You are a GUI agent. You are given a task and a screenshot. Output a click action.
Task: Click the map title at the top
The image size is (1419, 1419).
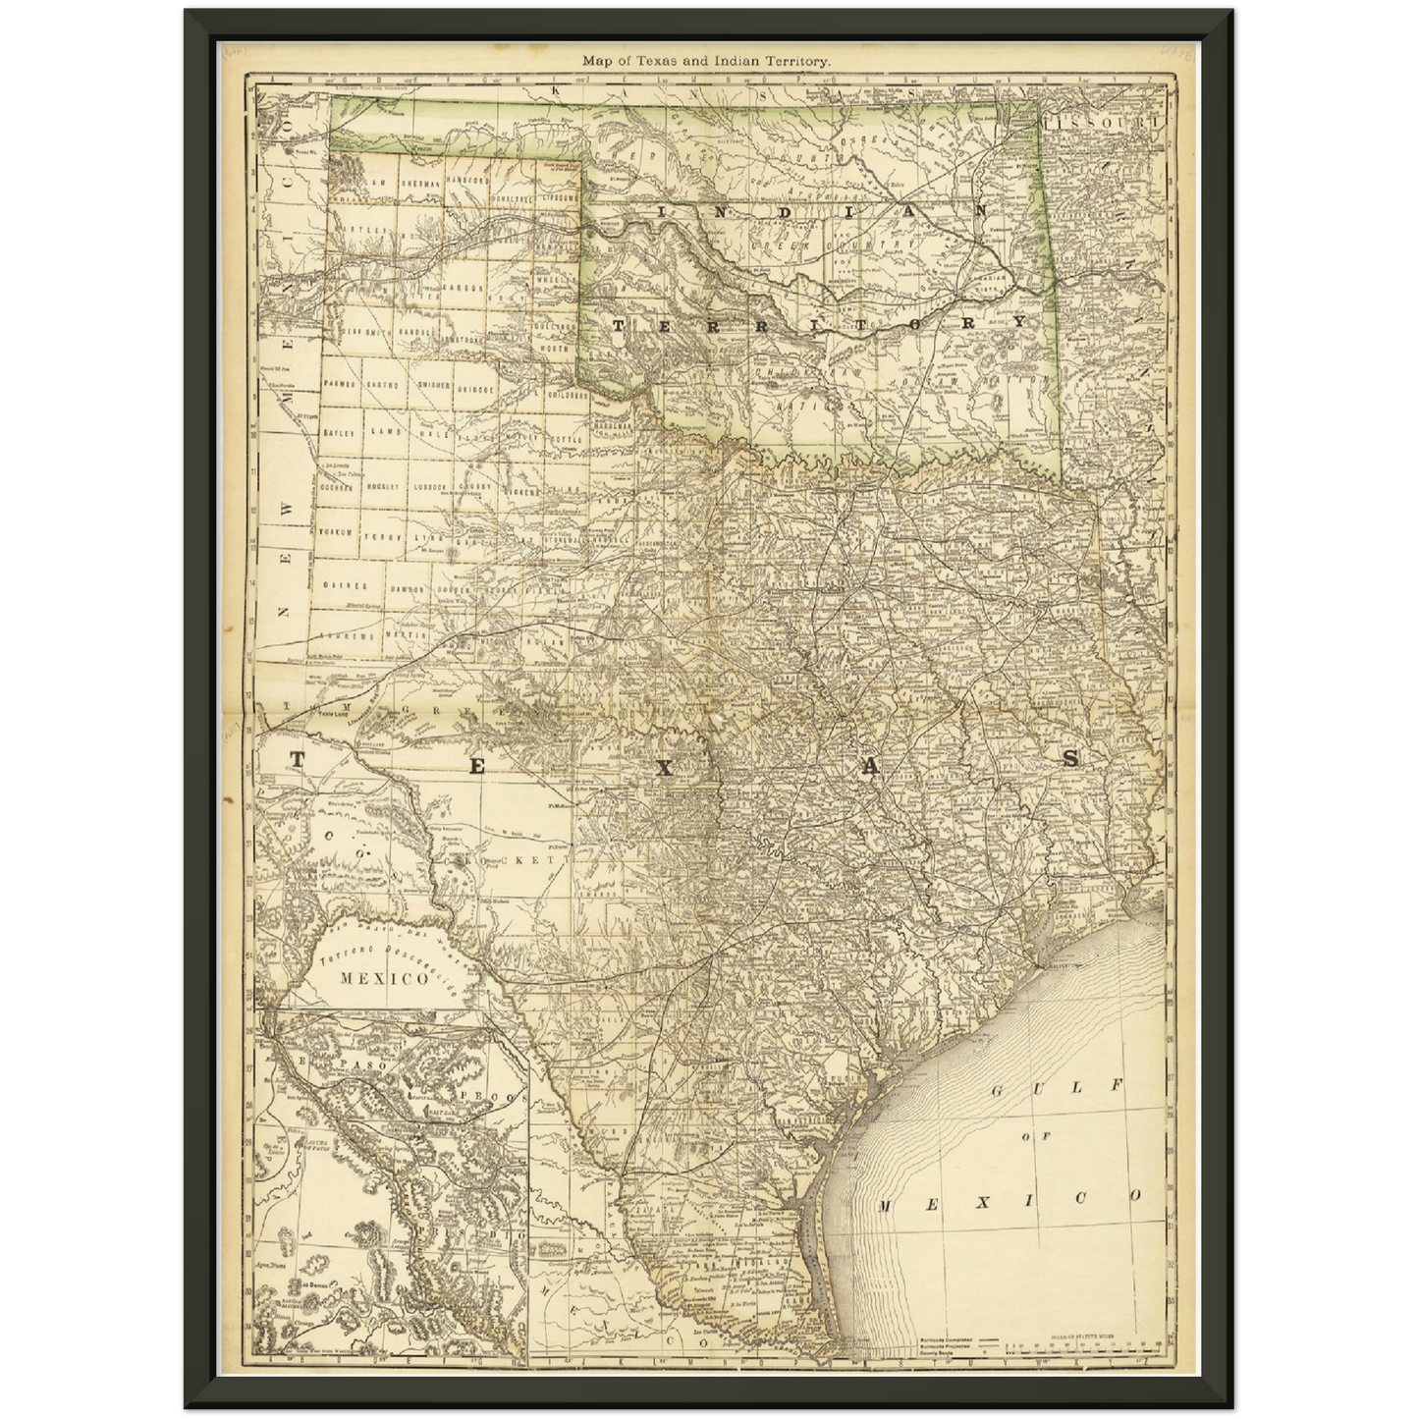[x=707, y=60]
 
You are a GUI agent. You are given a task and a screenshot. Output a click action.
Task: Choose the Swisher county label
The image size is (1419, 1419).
[x=434, y=385]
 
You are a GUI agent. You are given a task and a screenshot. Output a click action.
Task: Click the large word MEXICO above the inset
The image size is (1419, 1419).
[x=383, y=978]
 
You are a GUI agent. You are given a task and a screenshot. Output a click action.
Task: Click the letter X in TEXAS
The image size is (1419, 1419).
[x=666, y=768]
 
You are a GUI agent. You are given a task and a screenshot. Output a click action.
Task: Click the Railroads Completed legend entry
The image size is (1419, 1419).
[x=957, y=1338]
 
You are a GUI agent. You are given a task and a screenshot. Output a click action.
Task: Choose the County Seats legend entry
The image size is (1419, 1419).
[x=957, y=1354]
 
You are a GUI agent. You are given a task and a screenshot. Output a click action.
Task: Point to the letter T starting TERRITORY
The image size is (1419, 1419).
[x=620, y=325]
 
